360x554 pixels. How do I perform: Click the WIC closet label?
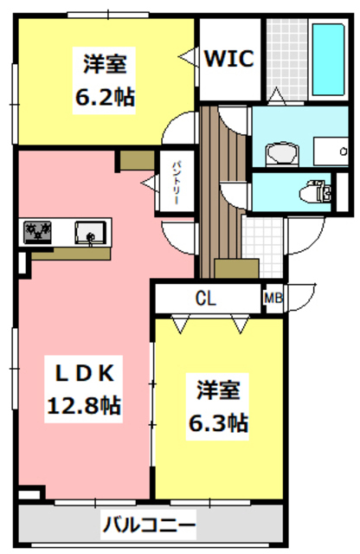(228, 59)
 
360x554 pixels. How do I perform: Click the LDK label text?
(86, 373)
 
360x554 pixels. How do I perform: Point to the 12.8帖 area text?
(84, 404)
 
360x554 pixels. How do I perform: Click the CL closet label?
(205, 300)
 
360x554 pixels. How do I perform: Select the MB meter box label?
(273, 299)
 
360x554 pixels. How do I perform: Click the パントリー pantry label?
(174, 181)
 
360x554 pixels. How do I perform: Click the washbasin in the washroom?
(280, 153)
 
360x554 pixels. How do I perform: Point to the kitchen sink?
(89, 232)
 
